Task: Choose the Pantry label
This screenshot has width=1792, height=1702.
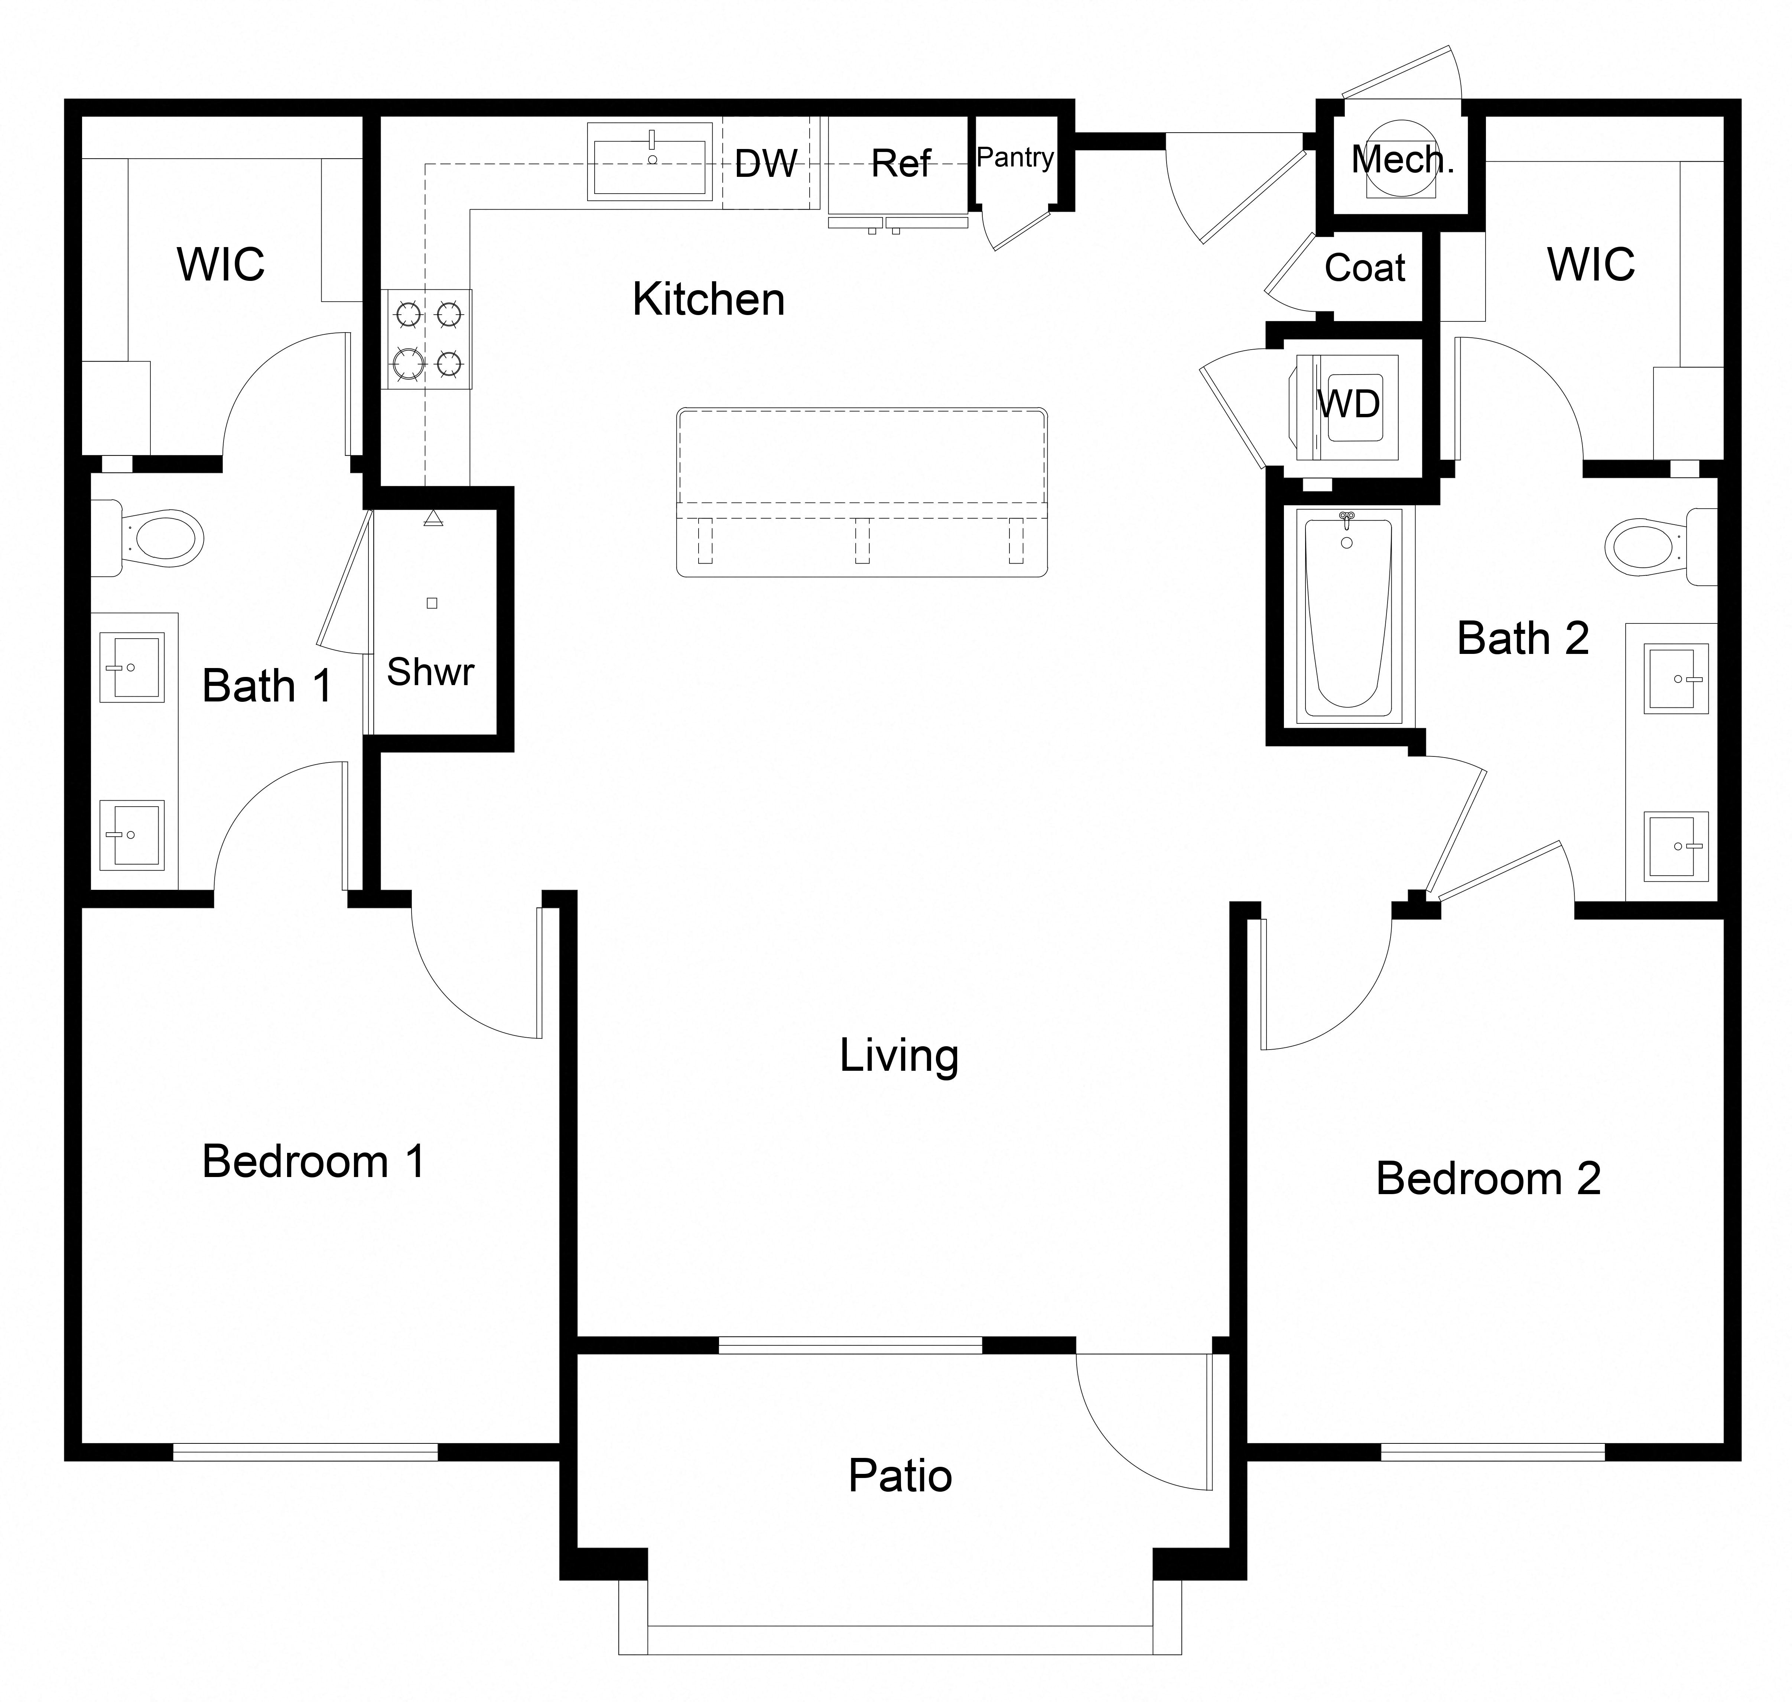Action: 1015,158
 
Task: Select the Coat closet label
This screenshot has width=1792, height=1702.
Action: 1365,268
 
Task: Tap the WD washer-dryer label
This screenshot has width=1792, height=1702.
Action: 1349,404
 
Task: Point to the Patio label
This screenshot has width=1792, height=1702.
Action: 900,1476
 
